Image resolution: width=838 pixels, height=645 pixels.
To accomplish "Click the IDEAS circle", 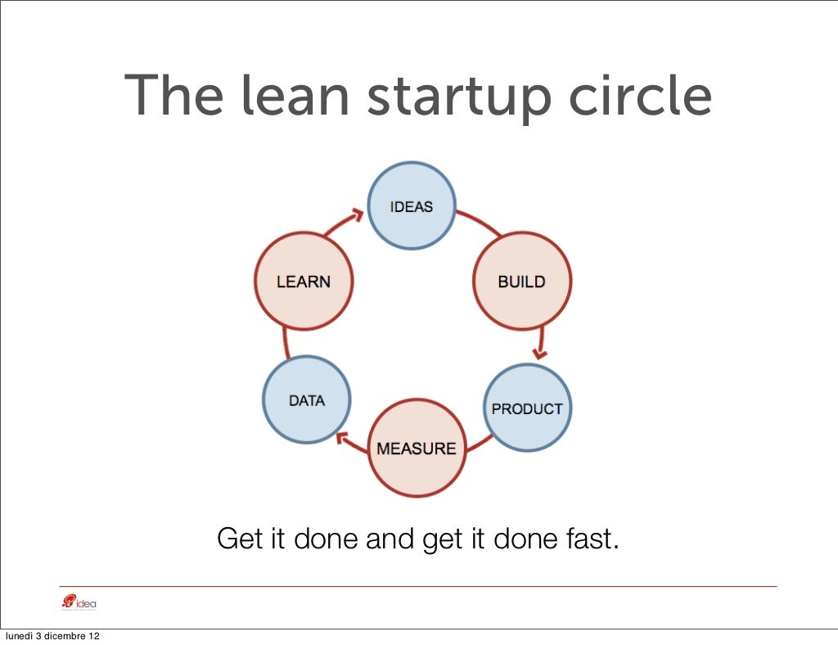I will click(412, 206).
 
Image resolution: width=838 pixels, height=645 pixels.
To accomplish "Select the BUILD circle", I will click(522, 282).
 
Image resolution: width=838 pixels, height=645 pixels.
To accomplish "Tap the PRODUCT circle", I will click(527, 408).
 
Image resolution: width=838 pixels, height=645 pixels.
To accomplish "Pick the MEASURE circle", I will click(416, 449).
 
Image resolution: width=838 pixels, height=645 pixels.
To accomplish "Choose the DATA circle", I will click(307, 401).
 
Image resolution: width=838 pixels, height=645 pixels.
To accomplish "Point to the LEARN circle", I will click(303, 282).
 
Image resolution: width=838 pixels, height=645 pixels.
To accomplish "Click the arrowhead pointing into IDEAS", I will click(357, 215).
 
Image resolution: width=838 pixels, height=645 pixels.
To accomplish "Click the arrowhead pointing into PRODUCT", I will click(539, 353).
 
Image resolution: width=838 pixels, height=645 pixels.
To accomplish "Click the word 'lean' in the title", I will click(295, 97).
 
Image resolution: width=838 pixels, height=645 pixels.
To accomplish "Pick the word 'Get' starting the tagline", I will click(237, 539).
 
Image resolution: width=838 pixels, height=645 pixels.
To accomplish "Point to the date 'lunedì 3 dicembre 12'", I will click(53, 636).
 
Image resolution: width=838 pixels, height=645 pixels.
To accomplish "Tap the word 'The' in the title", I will click(173, 96).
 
